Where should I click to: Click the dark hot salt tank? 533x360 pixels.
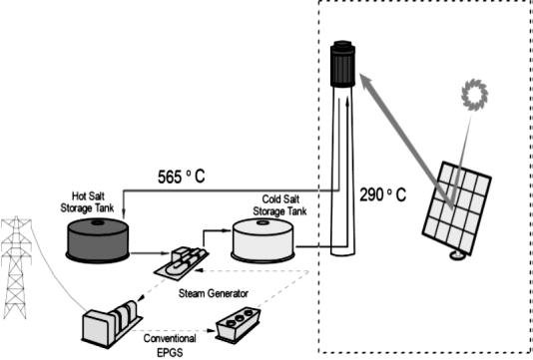[x=96, y=239]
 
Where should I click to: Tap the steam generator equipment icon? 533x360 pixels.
[x=180, y=261]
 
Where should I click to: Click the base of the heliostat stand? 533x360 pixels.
[x=457, y=256]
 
